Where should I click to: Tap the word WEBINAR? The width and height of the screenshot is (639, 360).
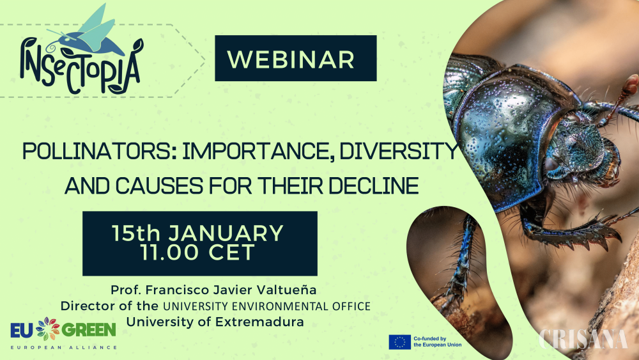click(x=291, y=59)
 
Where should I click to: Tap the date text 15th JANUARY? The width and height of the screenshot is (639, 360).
click(x=197, y=233)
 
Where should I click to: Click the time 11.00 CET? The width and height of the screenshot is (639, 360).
click(x=197, y=252)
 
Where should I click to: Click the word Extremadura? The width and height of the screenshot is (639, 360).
click(x=259, y=322)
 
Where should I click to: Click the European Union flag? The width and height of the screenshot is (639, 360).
click(x=399, y=341)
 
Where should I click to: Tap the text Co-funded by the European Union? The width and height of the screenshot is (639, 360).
click(x=437, y=341)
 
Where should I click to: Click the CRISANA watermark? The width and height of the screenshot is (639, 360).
click(x=583, y=340)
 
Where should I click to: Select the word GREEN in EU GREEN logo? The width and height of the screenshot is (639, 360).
click(x=89, y=330)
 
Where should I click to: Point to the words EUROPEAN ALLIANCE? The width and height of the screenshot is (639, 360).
click(x=63, y=347)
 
